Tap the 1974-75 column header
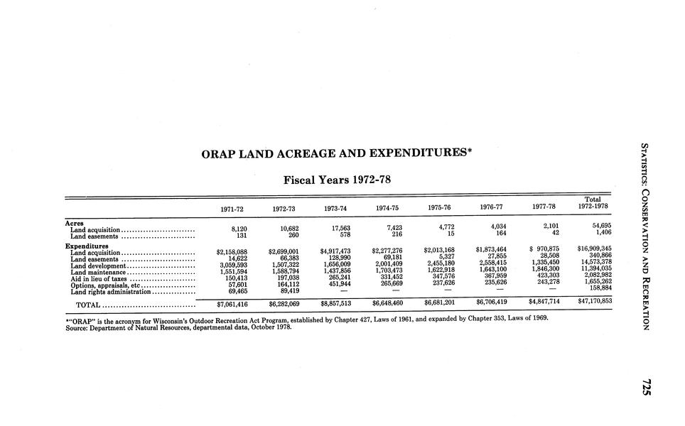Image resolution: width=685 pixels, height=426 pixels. (387, 208)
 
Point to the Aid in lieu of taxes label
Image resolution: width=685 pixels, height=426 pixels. (99, 278)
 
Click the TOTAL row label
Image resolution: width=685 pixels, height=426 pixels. (87, 306)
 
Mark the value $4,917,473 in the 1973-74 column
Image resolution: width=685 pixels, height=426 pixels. (335, 251)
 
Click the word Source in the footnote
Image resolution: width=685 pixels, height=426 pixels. (76, 328)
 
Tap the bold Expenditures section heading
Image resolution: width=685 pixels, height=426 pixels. (87, 245)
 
